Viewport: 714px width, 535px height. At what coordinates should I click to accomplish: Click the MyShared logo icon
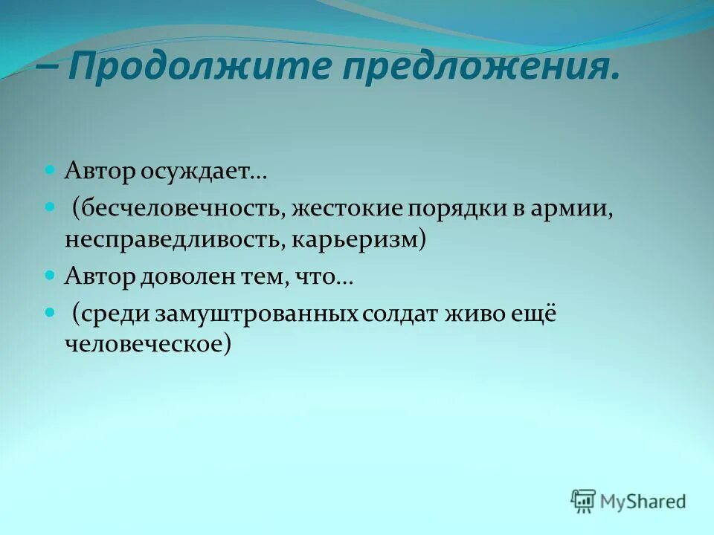[x=584, y=502]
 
